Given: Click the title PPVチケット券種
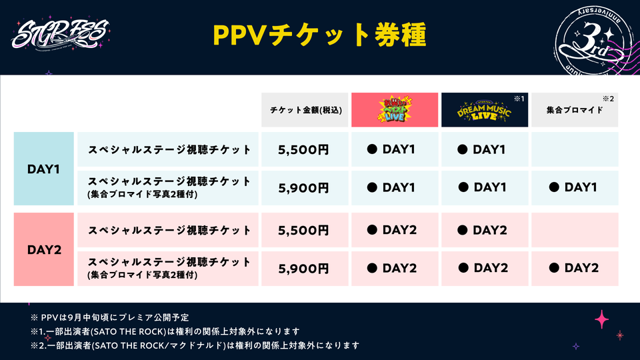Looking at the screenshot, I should pos(319,35).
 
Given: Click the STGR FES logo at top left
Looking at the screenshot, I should pos(53,35).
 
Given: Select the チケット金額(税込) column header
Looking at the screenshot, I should pos(304,109).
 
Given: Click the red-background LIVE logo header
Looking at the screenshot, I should pos(394,109).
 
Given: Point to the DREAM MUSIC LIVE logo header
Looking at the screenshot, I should pos(484,111).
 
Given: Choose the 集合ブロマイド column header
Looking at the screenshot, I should pos(574,110).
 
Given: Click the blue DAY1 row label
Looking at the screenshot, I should pos(43,169).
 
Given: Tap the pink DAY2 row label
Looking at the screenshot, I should pos(43,250).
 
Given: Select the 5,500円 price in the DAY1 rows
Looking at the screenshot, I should pos(304,149).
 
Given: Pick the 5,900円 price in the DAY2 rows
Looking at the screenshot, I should pos(304,269).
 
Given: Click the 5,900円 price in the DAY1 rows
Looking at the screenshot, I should pos(304,188).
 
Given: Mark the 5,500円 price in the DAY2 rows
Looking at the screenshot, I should pos(304,231).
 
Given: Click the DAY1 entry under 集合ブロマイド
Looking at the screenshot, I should pos(573,188).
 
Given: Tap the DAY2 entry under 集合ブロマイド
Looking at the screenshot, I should pos(573,269).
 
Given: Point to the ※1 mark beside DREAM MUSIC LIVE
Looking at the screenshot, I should pos(518,98).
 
